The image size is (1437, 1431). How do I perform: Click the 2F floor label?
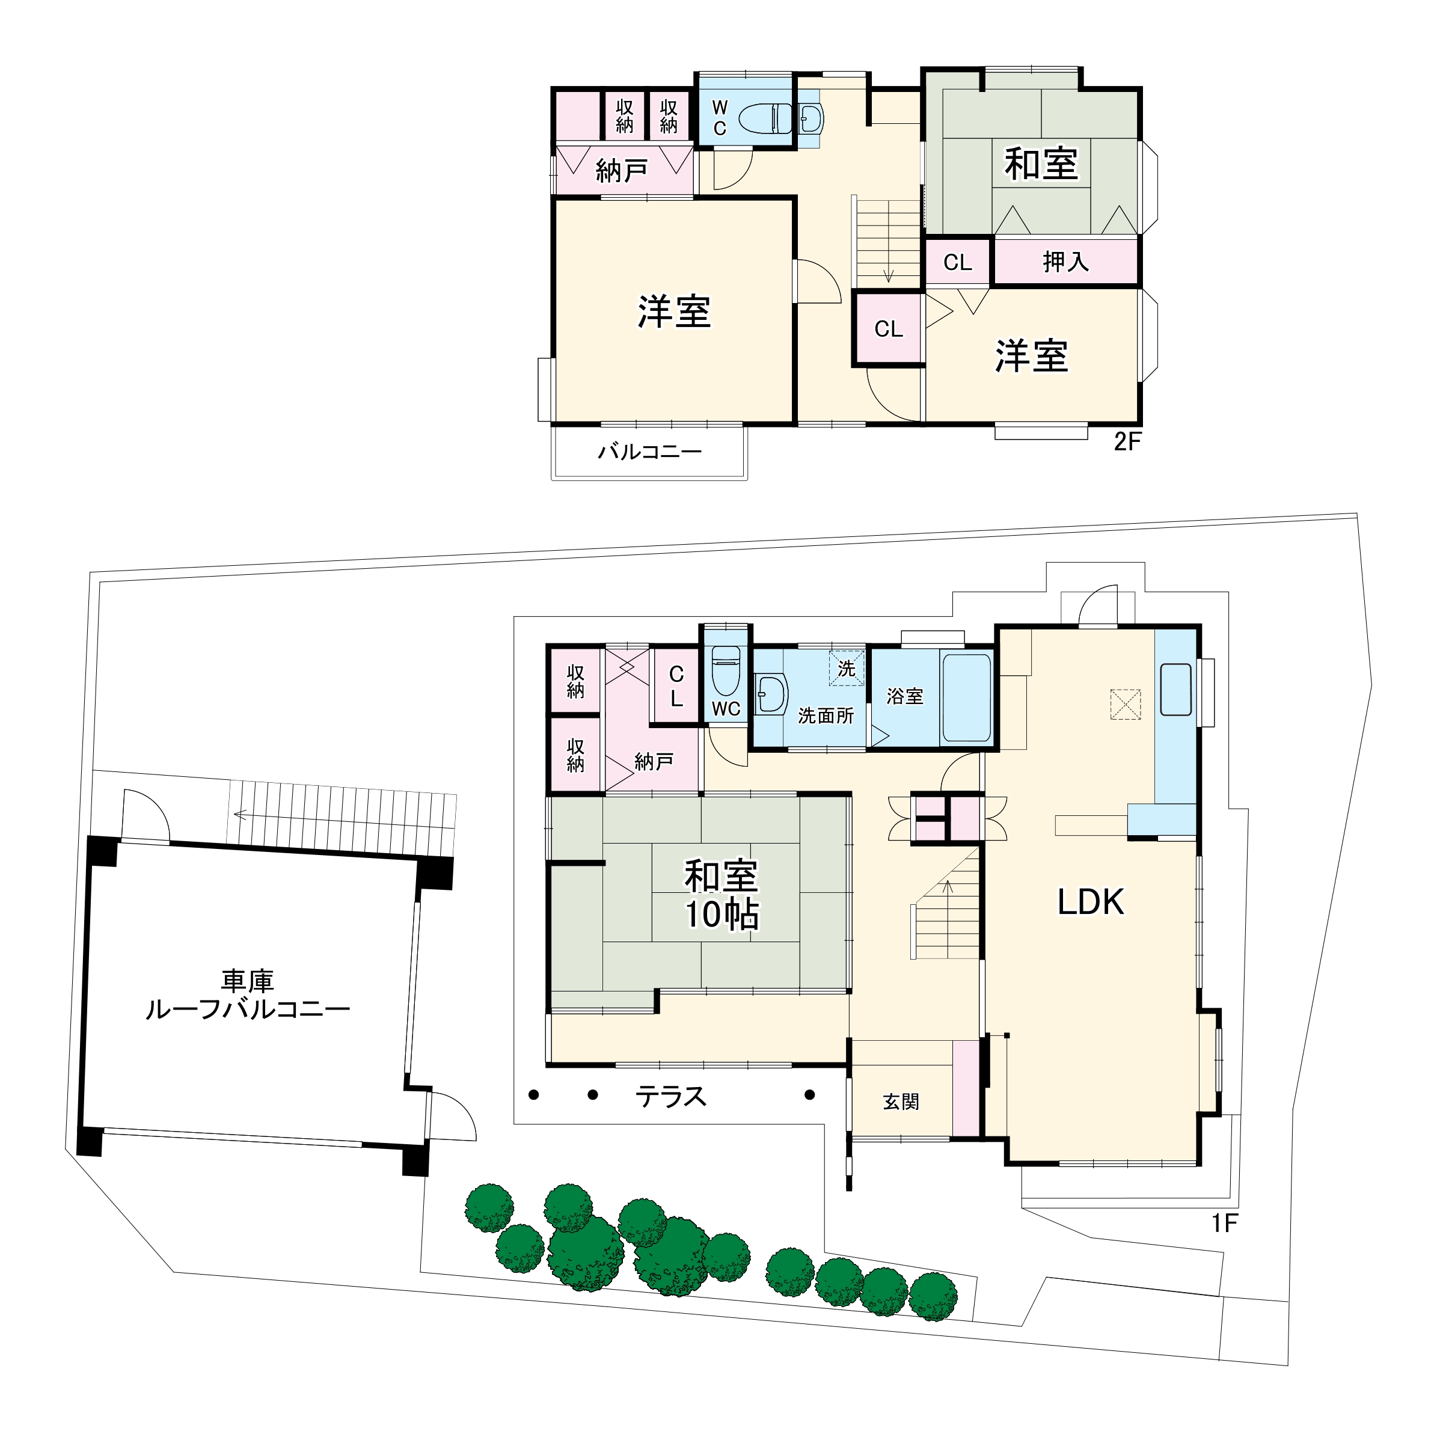click(1127, 443)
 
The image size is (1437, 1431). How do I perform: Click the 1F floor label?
click(1224, 1223)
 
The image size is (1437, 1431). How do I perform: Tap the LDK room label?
click(1091, 901)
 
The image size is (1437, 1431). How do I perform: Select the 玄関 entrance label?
click(901, 1102)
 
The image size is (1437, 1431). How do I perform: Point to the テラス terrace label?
click(670, 1096)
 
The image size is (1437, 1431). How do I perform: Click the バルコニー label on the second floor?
click(650, 452)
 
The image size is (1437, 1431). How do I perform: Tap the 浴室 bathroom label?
click(904, 696)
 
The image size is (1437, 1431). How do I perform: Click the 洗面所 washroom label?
click(826, 715)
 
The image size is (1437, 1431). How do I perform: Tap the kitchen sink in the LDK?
click(1175, 690)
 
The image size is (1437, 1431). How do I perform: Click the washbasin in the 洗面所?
click(771, 694)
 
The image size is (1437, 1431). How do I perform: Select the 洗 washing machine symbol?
click(847, 668)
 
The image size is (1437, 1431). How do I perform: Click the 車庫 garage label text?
click(248, 982)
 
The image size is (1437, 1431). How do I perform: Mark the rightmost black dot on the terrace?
click(809, 1094)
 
